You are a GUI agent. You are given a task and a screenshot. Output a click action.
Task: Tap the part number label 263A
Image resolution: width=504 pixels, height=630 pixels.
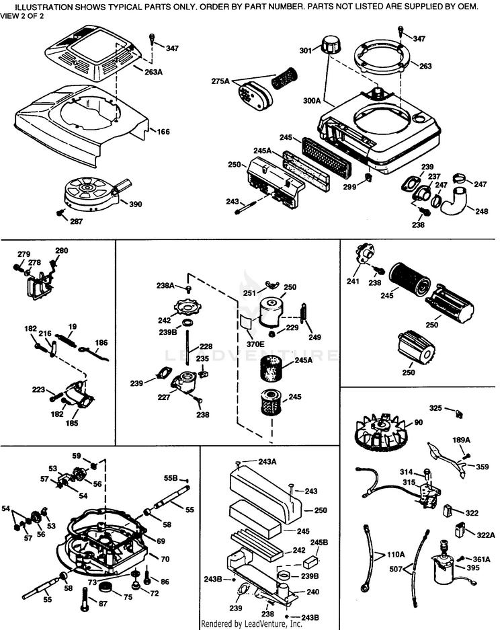[153, 72]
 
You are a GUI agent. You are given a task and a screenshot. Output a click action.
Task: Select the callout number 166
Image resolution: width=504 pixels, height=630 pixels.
[163, 131]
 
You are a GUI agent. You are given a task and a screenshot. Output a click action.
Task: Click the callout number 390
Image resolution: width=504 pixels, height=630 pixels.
[136, 204]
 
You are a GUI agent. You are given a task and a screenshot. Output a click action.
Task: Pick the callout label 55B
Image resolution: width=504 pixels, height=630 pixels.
[171, 478]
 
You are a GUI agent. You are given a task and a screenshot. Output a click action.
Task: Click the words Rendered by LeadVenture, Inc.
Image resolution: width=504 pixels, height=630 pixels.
[251, 623]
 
